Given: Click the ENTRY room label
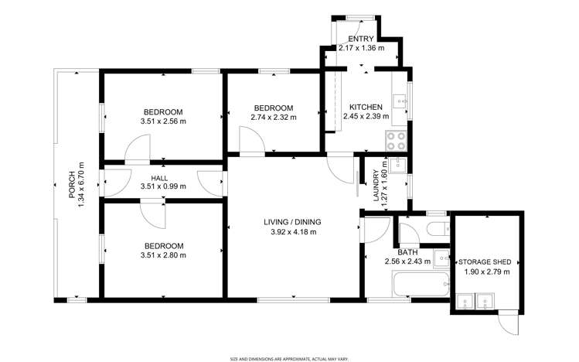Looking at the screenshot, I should (361, 39).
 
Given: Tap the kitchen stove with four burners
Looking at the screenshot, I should (395, 140).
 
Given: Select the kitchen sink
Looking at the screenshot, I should (400, 100).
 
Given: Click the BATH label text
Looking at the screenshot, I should (407, 252).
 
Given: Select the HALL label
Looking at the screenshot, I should (159, 178).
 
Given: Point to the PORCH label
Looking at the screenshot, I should (71, 185).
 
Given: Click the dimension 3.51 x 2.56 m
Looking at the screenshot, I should (163, 121).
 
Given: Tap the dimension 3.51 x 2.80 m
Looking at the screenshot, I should (163, 255).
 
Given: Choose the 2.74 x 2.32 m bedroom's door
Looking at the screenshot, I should (252, 142).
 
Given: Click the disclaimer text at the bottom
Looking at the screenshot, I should (289, 358).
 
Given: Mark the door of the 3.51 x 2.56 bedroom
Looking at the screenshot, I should (138, 149).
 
